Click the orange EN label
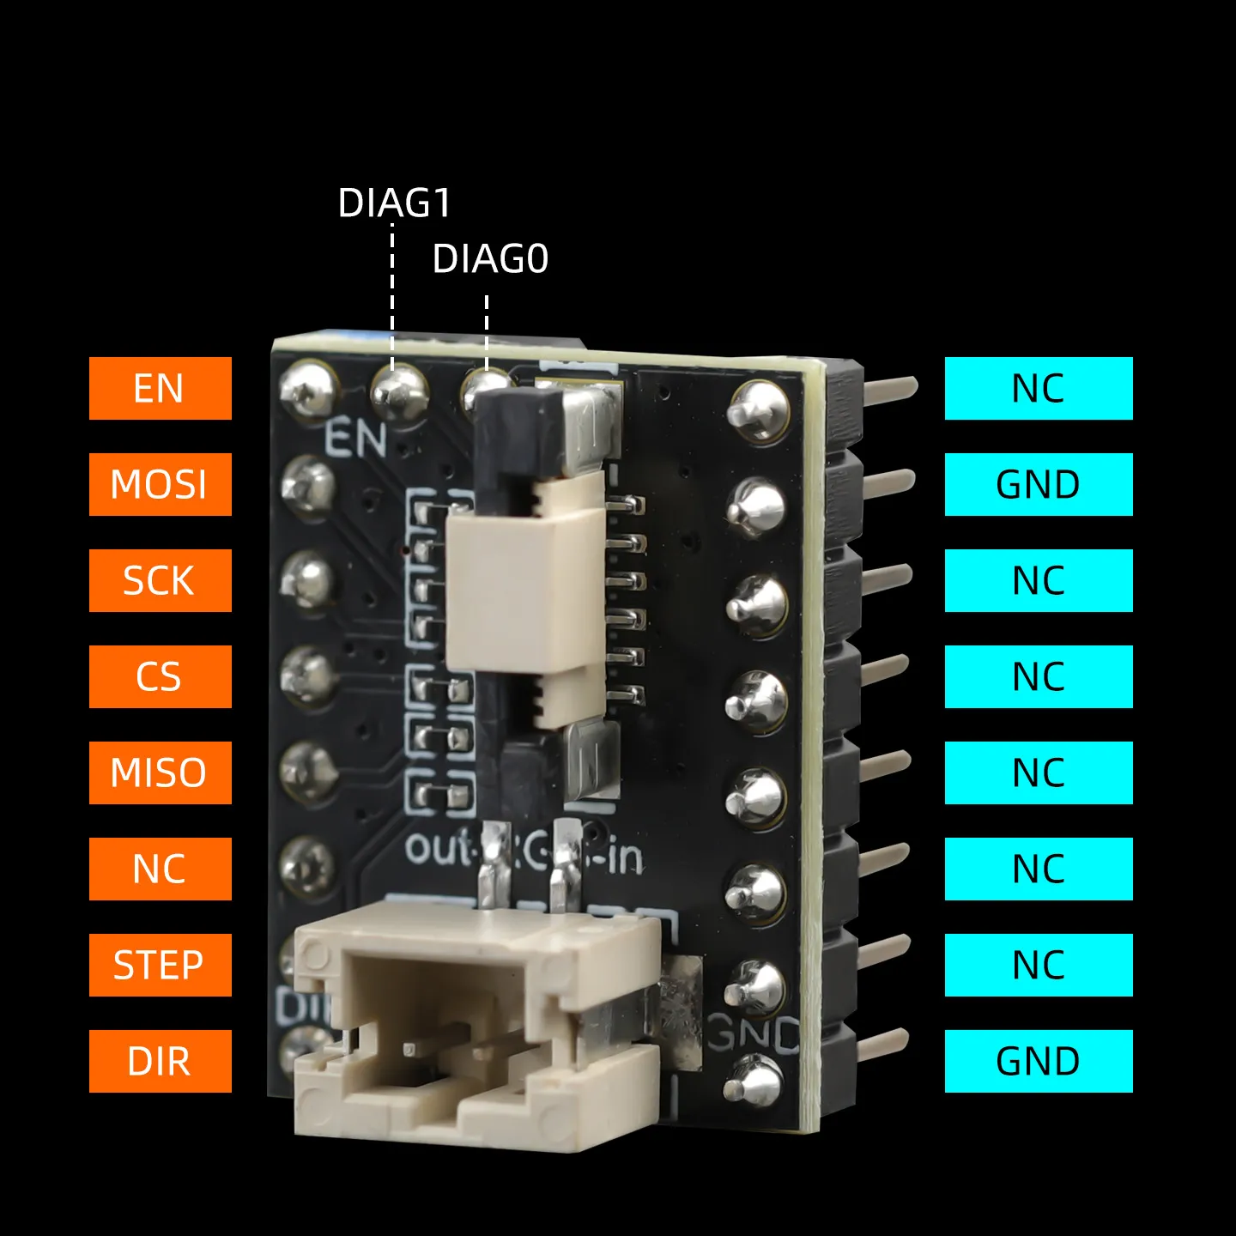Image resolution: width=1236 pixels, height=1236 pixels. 160,388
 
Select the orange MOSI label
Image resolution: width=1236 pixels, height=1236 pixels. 160,484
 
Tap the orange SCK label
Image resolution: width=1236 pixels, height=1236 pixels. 160,580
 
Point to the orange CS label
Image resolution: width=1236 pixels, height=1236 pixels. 160,676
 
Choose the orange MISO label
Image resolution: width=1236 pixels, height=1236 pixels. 160,772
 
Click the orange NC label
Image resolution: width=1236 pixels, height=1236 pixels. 160,869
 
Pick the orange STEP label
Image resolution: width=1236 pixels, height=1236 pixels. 160,965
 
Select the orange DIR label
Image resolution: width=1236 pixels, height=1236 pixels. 160,1061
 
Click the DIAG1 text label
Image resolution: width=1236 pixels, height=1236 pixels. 394,203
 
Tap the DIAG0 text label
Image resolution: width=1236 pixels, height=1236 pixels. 490,259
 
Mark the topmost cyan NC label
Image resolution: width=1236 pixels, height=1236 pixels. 1039,388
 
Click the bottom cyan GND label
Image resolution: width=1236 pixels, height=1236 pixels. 1039,1061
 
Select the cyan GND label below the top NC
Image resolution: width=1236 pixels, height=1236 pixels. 1039,484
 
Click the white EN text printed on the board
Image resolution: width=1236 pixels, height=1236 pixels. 355,439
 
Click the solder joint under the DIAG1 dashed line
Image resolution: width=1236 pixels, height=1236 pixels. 398,391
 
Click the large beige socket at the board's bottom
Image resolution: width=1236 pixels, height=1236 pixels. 476,1030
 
